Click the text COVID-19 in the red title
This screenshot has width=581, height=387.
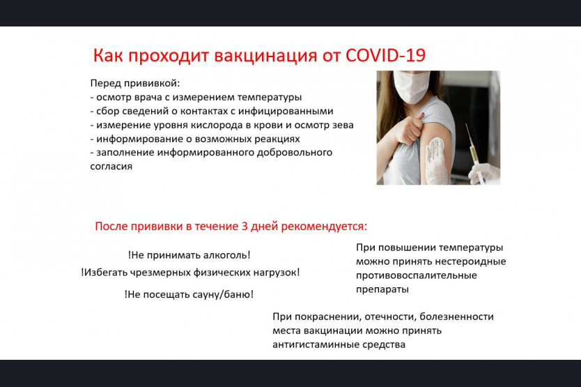(385, 55)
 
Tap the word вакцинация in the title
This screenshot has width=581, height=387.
(265, 56)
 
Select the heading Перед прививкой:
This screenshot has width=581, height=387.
(135, 84)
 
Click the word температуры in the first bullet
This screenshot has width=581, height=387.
(270, 98)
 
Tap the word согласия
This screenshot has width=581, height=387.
(111, 167)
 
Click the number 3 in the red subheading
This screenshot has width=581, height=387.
(245, 226)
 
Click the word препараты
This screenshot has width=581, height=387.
(382, 290)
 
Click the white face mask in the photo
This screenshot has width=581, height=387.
(411, 87)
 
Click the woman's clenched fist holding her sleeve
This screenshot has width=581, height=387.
(409, 129)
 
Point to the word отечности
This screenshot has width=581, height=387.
(390, 317)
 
